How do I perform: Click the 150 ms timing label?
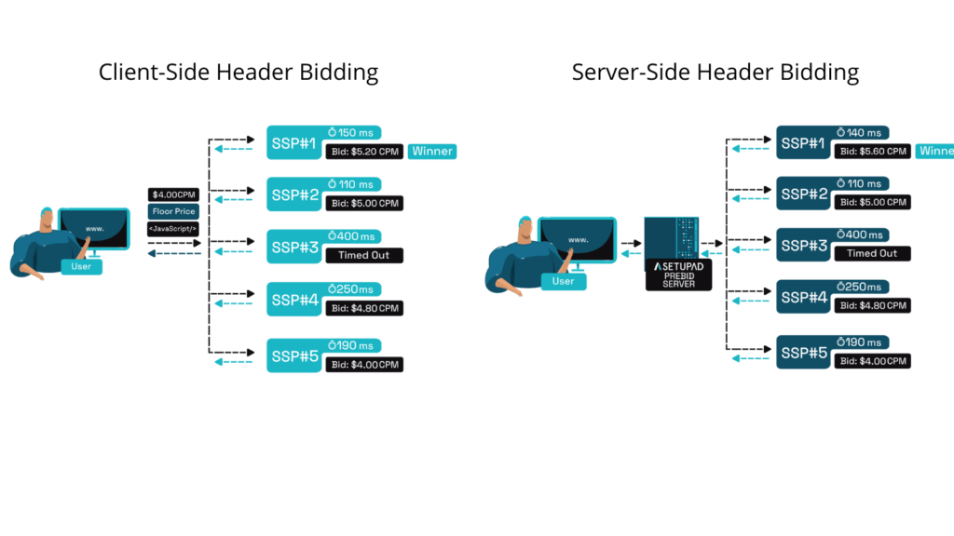pos(354,133)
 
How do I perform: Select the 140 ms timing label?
pos(863,133)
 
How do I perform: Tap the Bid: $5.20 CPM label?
pos(364,151)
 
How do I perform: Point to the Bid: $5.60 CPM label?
pos(872,151)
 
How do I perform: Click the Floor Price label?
pos(173,211)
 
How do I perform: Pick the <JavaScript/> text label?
pos(173,229)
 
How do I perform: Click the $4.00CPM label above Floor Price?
pos(173,194)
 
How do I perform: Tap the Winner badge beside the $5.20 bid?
pos(432,151)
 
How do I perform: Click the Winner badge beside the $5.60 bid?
pos(935,151)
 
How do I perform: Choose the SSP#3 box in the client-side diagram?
pos(293,247)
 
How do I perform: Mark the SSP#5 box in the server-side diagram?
pos(803,353)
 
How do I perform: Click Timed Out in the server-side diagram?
pos(872,253)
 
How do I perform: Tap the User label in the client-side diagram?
pos(82,267)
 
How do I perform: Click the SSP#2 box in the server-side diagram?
pos(803,194)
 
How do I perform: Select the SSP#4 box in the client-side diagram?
pos(293,300)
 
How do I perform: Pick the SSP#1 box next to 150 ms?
pos(293,142)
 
